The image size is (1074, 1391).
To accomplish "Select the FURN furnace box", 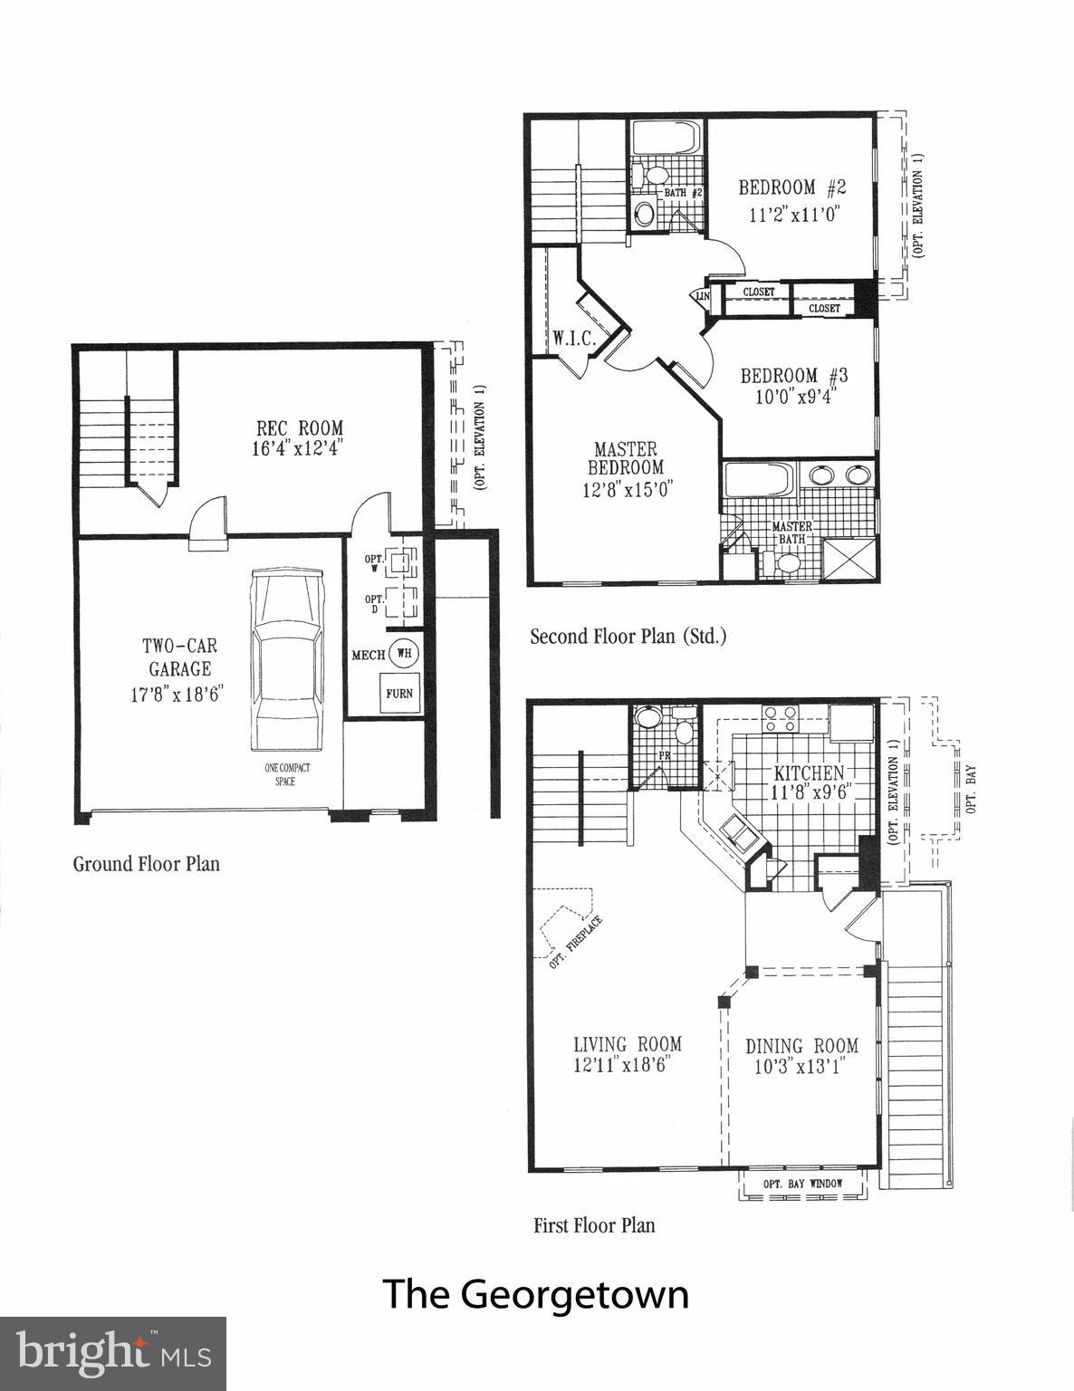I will [x=399, y=694].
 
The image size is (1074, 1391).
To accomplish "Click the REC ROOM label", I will [x=300, y=427].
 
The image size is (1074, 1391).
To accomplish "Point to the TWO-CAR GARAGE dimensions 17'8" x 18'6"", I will [x=177, y=695].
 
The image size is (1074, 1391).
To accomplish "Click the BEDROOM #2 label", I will [x=791, y=188].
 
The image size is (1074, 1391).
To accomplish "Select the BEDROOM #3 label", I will [x=793, y=375].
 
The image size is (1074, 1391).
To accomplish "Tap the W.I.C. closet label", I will [x=573, y=339].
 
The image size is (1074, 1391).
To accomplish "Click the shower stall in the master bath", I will [x=849, y=558].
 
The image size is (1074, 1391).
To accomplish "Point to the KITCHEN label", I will [x=808, y=772].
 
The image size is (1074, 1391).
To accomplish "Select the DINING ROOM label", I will [x=801, y=1046].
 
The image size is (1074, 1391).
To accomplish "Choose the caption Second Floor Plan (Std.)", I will [x=628, y=637].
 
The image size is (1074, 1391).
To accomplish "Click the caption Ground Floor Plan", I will [x=146, y=863].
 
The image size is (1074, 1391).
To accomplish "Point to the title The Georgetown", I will [x=535, y=1293].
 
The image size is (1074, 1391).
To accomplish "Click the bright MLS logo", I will [x=113, y=1354].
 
